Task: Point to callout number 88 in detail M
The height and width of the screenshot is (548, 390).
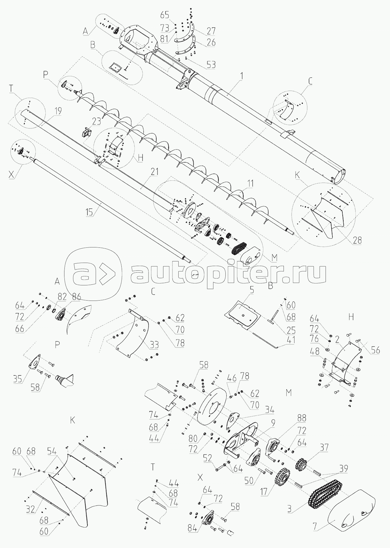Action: (301, 418)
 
